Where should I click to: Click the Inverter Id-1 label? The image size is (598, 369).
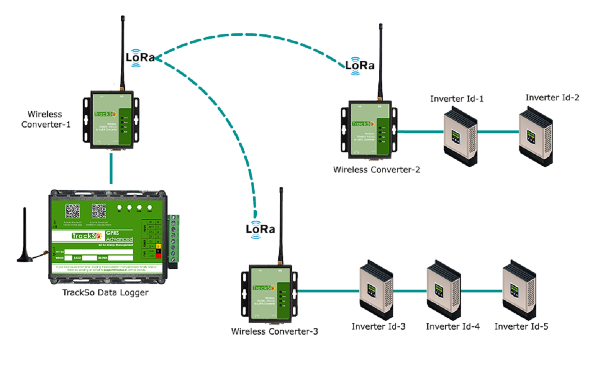pos(457,99)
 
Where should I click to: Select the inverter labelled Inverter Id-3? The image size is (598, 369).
pos(377,291)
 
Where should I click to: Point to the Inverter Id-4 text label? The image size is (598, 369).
pos(453,327)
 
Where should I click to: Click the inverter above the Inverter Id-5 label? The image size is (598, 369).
pos(520,291)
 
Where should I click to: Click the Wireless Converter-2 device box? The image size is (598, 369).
pos(369,132)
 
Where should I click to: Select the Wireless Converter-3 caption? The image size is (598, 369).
pos(275,331)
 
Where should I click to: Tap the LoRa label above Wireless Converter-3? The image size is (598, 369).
pos(261,229)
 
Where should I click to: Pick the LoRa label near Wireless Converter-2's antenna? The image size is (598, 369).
pos(360,65)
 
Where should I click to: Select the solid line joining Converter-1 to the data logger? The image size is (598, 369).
pos(110,169)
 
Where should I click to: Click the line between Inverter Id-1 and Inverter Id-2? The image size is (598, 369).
pos(498,132)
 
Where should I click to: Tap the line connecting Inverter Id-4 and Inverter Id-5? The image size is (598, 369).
pos(481,291)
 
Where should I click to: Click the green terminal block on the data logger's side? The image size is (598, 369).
pos(174,239)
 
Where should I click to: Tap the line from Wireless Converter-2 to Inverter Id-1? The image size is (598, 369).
pos(421,132)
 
